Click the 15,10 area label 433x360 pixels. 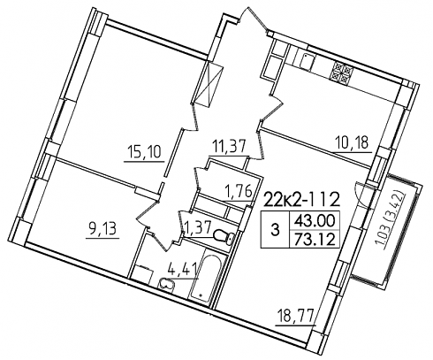point(144,152)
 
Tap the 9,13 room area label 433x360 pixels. point(103,228)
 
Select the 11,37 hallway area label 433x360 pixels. point(227,146)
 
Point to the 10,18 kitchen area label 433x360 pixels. point(352,143)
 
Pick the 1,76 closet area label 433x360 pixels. point(238,192)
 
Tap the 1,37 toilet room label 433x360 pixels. point(198,227)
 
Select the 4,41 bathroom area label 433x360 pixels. point(182,268)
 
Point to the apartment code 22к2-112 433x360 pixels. point(302,200)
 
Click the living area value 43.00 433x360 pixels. point(314,220)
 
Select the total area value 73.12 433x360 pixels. point(314,241)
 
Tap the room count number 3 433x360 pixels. point(275,230)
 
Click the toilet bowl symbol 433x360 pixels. point(224,237)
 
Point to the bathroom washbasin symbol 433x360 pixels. point(167,285)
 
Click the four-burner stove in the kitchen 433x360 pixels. point(342,73)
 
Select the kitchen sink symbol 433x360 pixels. point(307,61)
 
